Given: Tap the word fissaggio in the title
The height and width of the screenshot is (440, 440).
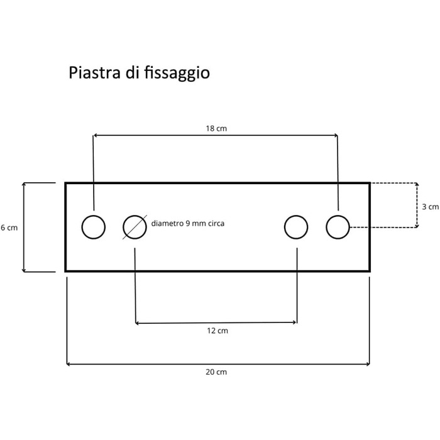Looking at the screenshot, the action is [177, 74].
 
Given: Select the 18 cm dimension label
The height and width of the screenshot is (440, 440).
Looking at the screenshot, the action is [216, 128].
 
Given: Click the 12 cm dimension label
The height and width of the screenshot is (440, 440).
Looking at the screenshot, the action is [217, 331].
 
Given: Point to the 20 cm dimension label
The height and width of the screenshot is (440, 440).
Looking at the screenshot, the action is [216, 372].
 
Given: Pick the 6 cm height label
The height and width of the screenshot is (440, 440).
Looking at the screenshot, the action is [9, 228].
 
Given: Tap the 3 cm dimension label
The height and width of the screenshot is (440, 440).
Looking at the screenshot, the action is [430, 207].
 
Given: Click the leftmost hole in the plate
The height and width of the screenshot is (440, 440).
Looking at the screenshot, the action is [94, 216].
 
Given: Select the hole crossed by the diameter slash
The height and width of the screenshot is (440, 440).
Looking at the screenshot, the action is [135, 216].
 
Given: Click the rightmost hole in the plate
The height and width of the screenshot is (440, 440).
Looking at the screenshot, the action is [338, 216].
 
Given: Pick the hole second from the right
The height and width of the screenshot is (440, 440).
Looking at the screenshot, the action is [296, 216].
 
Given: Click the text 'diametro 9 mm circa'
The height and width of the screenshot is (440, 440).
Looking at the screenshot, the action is [188, 223].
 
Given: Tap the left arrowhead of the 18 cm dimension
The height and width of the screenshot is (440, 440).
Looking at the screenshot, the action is [94, 135].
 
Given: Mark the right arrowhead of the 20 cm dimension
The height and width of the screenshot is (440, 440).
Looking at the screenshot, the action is [368, 364].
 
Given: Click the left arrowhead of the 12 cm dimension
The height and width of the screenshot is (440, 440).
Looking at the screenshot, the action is [136, 323].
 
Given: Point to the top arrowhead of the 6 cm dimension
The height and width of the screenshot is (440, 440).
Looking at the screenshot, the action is [24, 184].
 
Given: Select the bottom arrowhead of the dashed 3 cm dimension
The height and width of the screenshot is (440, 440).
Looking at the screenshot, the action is [417, 226].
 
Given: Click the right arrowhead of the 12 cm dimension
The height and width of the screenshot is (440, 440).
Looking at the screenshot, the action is [295, 322].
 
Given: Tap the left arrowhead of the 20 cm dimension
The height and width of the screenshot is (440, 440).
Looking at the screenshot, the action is [68, 364].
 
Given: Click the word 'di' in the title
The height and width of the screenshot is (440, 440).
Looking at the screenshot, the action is [132, 72].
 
